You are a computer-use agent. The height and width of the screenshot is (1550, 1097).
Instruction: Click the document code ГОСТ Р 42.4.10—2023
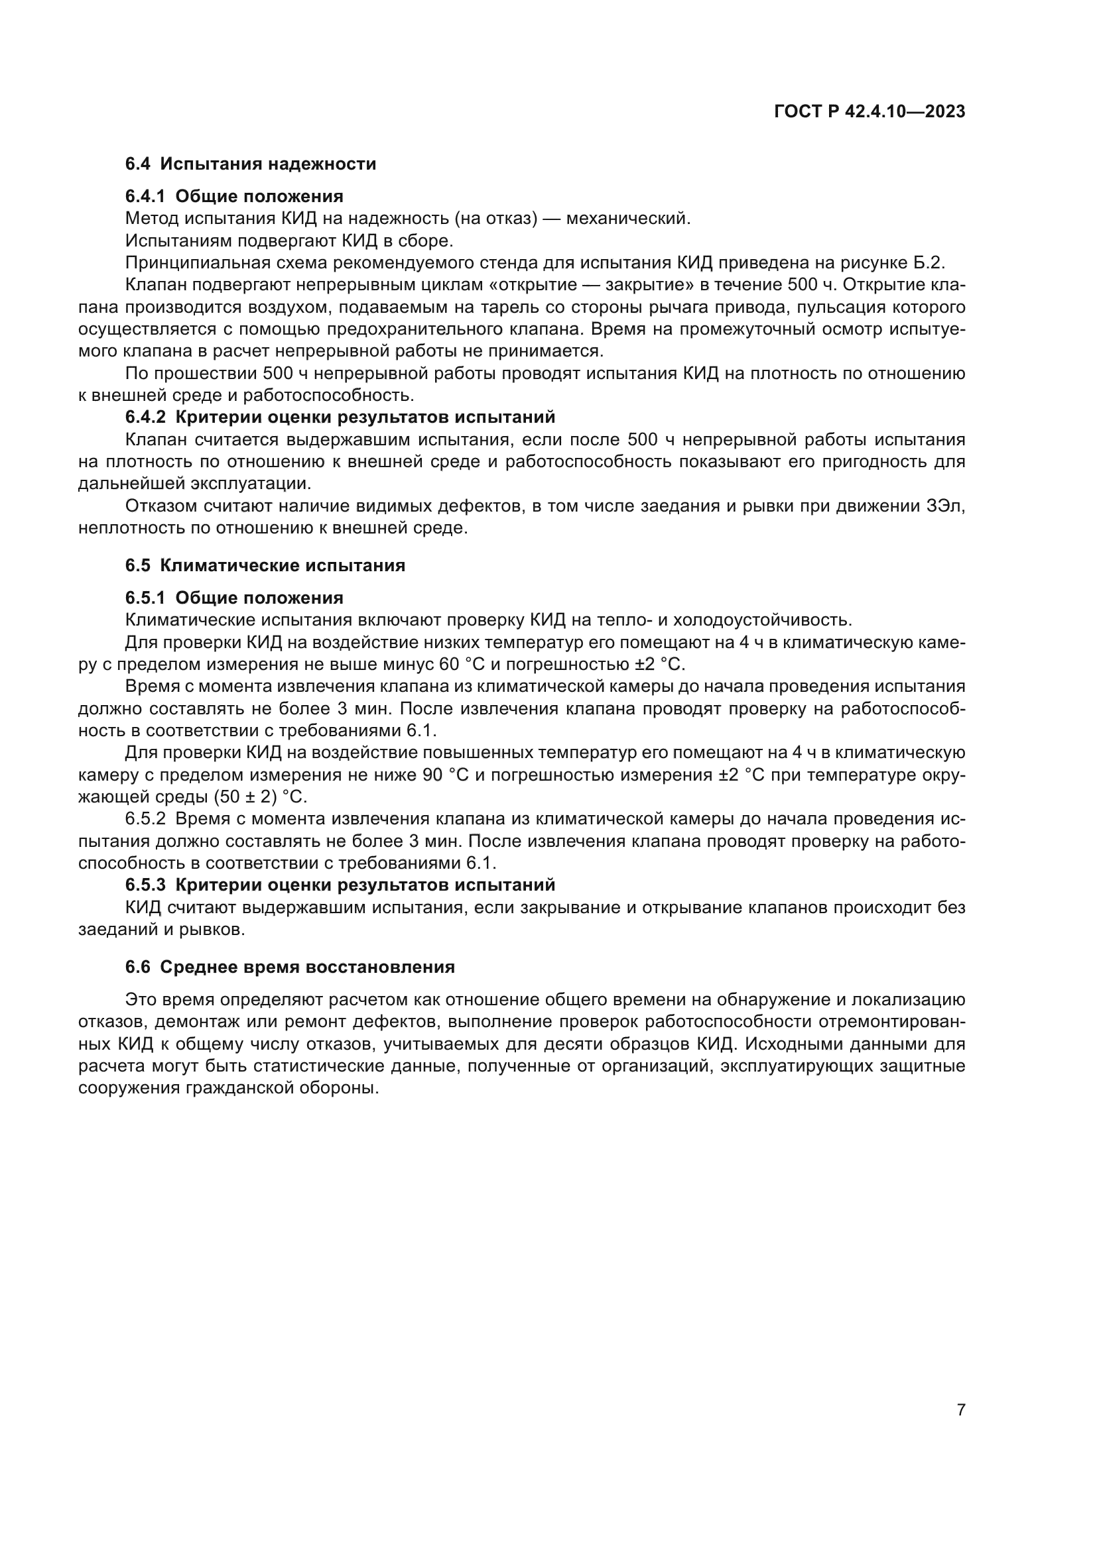tap(870, 112)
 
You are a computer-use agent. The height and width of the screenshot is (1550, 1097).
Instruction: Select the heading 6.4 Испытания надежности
tap(251, 164)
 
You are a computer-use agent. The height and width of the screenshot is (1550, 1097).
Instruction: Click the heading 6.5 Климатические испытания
tap(265, 566)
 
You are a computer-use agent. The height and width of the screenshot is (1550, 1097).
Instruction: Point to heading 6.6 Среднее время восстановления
tap(290, 968)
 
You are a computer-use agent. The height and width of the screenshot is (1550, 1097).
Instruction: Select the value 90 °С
tap(444, 775)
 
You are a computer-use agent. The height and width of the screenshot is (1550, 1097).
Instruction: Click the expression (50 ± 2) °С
tap(260, 797)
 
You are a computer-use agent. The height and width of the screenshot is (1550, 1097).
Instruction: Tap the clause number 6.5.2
tap(145, 820)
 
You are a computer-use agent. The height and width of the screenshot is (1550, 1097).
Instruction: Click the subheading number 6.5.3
tap(145, 885)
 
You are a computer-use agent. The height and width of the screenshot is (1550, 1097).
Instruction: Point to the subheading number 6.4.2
tap(145, 417)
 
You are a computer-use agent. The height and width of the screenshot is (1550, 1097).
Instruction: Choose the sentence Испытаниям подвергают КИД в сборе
tap(289, 241)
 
